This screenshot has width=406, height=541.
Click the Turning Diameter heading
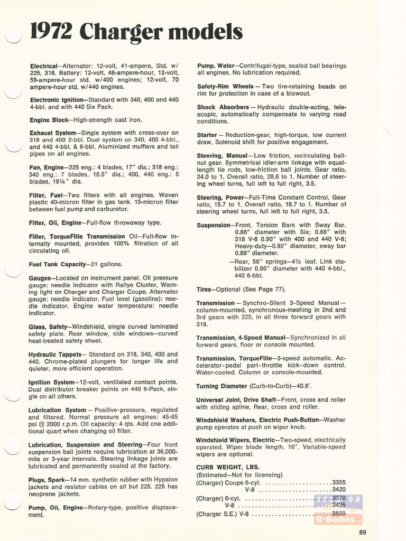(x=222, y=386)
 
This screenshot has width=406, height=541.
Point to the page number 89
(x=362, y=532)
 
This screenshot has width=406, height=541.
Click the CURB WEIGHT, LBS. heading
(x=224, y=467)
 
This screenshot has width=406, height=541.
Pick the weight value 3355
(x=338, y=482)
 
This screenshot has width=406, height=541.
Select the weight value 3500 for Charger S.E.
(x=338, y=513)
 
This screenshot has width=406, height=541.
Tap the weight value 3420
(x=338, y=490)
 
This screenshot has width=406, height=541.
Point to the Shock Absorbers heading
(x=223, y=107)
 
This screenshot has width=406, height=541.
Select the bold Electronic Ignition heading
(x=57, y=99)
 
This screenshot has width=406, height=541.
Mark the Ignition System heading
(x=52, y=381)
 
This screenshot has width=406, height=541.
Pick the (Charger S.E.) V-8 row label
(x=223, y=513)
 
